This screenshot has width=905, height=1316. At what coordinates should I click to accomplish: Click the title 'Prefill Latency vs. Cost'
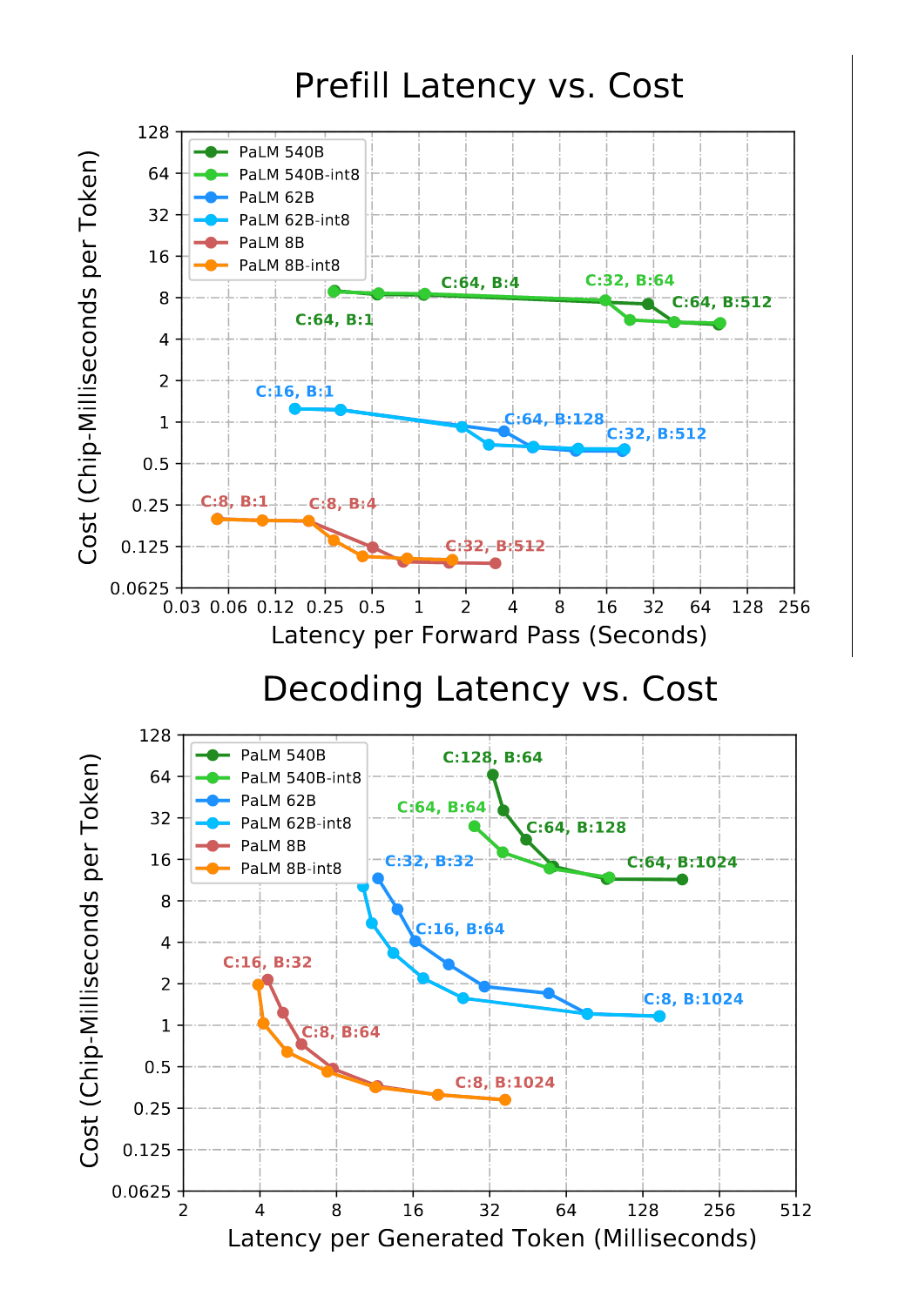click(x=488, y=86)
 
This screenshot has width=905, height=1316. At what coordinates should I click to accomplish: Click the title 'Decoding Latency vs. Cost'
click(x=489, y=689)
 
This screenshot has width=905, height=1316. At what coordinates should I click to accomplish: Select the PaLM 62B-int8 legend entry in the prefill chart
click(x=294, y=220)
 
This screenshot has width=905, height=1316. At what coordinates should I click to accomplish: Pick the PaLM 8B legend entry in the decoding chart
click(x=272, y=846)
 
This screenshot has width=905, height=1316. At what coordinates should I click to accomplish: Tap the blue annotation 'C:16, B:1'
click(x=294, y=392)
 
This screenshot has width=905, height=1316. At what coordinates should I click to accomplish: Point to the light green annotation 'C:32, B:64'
click(x=629, y=280)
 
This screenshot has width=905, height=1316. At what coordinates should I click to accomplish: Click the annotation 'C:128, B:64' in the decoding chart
click(x=492, y=757)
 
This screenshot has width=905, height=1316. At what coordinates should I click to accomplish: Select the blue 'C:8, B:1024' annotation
click(x=692, y=999)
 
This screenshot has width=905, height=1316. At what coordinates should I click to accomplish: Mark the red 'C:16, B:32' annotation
click(x=267, y=962)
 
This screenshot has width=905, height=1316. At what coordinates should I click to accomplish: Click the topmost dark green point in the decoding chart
click(x=493, y=775)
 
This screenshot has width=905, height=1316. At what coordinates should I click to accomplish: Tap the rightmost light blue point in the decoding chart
click(x=659, y=1017)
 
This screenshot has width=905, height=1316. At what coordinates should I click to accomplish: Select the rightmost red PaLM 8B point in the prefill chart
click(x=496, y=563)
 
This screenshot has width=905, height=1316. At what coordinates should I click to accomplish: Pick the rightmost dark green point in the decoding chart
click(x=682, y=880)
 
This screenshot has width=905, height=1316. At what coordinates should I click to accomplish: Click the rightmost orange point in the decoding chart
click(x=505, y=1100)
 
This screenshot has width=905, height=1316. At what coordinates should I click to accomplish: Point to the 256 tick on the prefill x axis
click(x=794, y=607)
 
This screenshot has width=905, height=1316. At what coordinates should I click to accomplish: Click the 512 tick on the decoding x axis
click(x=795, y=1210)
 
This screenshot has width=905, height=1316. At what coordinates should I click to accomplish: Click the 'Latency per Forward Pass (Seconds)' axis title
click(x=489, y=635)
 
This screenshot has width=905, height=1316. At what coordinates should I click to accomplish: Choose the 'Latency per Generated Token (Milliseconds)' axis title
click(x=491, y=1239)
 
